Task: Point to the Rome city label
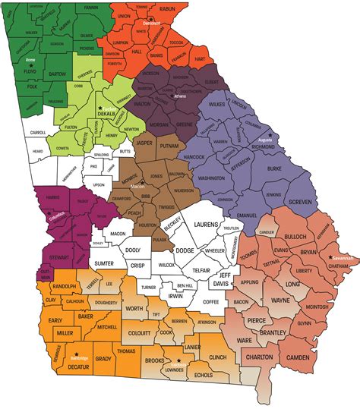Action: pyautogui.click(x=30, y=58)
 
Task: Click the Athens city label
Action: pyautogui.click(x=179, y=97)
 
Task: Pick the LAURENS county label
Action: pyautogui.click(x=206, y=225)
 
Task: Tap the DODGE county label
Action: pyautogui.click(x=185, y=250)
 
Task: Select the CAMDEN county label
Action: pyautogui.click(x=298, y=357)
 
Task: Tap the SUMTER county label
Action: pyautogui.click(x=104, y=263)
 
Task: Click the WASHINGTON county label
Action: pyautogui.click(x=217, y=178)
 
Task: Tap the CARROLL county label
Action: pyautogui.click(x=38, y=132)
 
